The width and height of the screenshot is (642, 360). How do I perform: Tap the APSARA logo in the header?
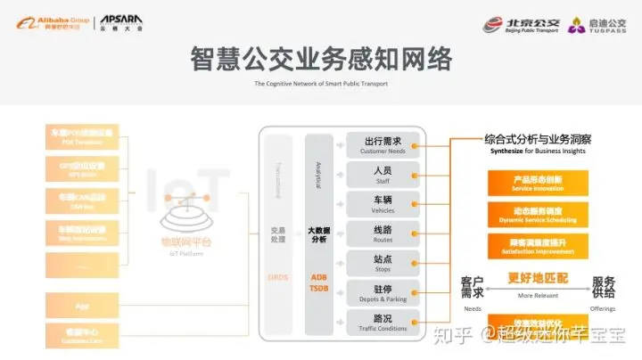118,20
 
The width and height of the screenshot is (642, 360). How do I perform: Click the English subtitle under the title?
321,84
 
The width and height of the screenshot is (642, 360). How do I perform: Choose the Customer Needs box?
383,145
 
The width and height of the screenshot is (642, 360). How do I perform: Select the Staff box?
383,174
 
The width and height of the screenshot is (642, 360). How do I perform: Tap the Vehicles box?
383,204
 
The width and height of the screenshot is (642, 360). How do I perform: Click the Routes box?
383,233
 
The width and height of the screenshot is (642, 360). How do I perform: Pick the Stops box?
383,264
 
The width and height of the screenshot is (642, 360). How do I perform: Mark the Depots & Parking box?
383,293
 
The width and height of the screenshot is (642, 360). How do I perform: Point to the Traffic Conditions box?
383,323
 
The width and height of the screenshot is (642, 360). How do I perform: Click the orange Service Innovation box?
538,183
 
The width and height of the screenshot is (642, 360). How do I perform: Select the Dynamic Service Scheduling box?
538,215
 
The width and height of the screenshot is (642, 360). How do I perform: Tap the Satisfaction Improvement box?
538,246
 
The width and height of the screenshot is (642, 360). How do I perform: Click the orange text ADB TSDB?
318,282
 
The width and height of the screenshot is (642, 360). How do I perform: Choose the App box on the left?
82,306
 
